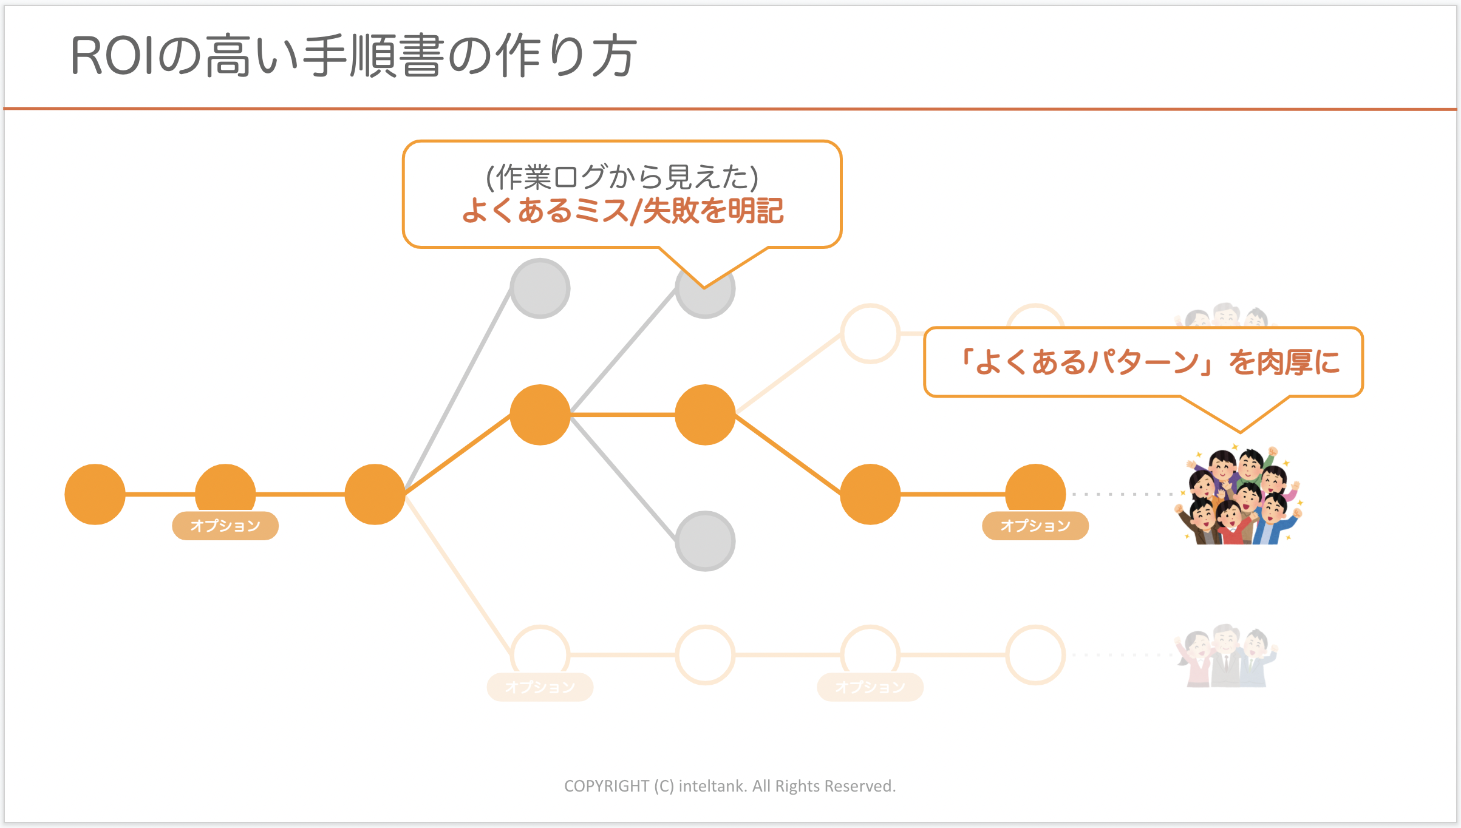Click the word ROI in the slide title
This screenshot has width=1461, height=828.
tap(112, 56)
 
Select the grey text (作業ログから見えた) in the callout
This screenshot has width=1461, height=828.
tap(622, 177)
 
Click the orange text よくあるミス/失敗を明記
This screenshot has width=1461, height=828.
tap(622, 211)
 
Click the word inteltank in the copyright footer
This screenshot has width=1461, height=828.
tap(712, 786)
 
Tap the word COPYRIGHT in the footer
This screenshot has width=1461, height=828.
tap(606, 786)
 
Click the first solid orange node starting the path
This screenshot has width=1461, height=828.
tap(95, 494)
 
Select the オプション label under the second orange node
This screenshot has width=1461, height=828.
tap(225, 526)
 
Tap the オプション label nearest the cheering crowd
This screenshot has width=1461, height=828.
tap(1035, 526)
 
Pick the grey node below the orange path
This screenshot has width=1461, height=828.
tap(705, 541)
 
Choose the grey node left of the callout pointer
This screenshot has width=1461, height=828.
tap(540, 288)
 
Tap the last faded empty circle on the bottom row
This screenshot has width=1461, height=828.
tap(1035, 655)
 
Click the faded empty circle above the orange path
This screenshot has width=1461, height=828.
tap(870, 333)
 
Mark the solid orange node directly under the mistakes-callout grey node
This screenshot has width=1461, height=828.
tap(705, 415)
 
